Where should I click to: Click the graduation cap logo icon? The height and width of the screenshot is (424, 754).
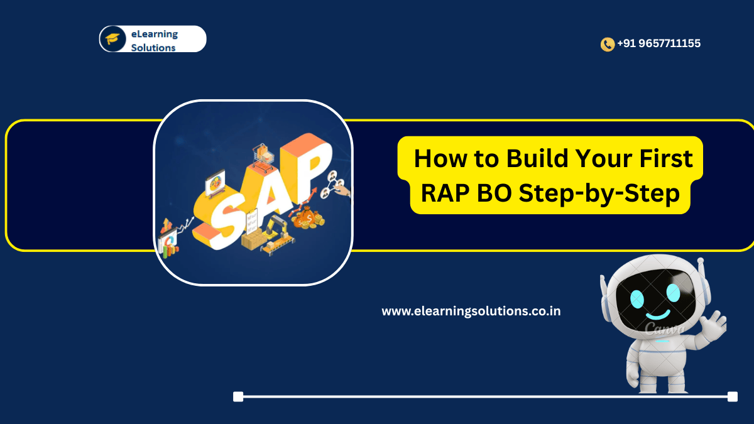tap(112, 39)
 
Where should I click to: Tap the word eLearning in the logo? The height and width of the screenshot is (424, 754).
tap(155, 35)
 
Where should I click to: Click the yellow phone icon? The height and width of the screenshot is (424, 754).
tap(608, 44)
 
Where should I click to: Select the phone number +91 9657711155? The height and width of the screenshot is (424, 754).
tap(658, 43)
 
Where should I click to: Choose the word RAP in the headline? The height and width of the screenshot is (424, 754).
tap(445, 193)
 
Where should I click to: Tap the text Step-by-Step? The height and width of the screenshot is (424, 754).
tap(599, 195)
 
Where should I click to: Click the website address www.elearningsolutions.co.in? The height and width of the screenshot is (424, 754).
tap(471, 311)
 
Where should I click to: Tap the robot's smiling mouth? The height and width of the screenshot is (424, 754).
tap(658, 315)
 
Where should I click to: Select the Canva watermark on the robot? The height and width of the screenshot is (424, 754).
tap(664, 328)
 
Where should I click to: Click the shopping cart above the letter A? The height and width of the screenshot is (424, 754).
tap(263, 156)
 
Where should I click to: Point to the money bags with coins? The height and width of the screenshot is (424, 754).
tap(308, 218)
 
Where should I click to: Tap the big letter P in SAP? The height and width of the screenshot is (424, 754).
tap(307, 168)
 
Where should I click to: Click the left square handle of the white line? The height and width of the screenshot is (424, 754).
tap(238, 396)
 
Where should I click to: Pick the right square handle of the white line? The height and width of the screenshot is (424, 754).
tap(733, 396)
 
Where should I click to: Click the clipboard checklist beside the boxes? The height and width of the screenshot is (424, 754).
tap(251, 220)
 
